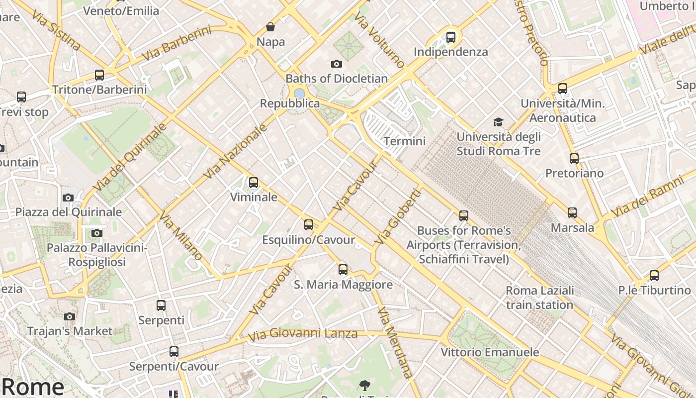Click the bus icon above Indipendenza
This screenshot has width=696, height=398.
tap(451, 37)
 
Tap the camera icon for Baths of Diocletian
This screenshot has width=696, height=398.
tap(337, 64)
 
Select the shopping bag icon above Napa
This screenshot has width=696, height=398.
tap(270, 26)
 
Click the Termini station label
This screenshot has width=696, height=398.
tap(405, 141)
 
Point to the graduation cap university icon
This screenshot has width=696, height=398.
tap(498, 122)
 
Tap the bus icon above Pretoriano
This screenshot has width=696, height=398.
tap(574, 159)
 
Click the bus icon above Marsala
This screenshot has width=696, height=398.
tap(572, 213)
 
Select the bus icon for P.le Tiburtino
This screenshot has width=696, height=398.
tap(654, 275)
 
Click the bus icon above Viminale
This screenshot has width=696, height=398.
tap(254, 183)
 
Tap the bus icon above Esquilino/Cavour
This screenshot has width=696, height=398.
tap(309, 224)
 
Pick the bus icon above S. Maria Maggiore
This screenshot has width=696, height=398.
tap(343, 270)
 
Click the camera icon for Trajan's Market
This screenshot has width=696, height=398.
tap(70, 316)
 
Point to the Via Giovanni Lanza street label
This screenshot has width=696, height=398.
tap(303, 334)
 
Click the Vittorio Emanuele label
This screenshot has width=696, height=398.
tap(490, 352)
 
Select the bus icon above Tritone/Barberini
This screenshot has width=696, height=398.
tap(99, 75)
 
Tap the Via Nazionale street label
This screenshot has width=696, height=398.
tap(236, 152)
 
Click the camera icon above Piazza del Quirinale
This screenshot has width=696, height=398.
tap(68, 198)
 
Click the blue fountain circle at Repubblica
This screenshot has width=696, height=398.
tap(299, 93)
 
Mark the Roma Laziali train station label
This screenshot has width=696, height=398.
tap(539, 298)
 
